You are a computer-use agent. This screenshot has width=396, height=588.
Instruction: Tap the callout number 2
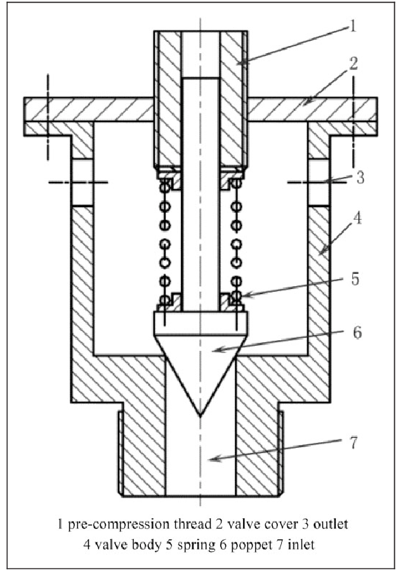pos(353,64)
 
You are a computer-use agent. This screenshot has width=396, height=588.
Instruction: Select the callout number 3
pos(360,177)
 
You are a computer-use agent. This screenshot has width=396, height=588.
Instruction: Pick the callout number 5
pos(355,279)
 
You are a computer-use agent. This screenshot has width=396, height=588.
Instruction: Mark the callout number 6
pos(357,333)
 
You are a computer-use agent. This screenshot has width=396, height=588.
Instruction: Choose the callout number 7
pos(354,443)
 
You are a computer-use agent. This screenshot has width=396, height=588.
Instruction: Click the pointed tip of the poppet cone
pos(201,416)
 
